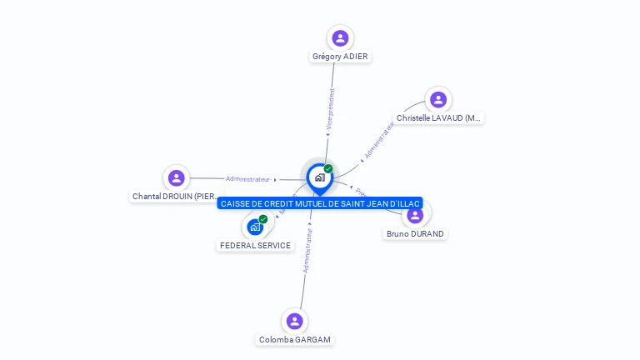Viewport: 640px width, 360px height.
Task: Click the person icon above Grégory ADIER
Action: click(340, 38)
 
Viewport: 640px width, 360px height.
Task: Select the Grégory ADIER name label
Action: click(340, 57)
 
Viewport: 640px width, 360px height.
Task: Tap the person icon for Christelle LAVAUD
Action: click(438, 100)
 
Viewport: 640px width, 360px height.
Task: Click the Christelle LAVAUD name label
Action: click(439, 118)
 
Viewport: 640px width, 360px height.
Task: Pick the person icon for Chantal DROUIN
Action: click(176, 177)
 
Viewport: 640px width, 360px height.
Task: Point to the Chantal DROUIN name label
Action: click(174, 197)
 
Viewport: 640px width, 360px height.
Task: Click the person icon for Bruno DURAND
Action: click(415, 216)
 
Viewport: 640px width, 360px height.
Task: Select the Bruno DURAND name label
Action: click(415, 234)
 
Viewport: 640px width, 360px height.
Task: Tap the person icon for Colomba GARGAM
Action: click(294, 321)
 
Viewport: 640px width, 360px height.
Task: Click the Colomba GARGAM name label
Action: click(295, 340)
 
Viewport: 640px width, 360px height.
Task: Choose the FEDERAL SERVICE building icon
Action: click(255, 227)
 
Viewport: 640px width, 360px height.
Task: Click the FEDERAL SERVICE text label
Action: click(255, 246)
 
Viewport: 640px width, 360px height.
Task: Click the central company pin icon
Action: click(319, 177)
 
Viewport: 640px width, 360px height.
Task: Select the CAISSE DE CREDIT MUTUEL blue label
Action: click(320, 203)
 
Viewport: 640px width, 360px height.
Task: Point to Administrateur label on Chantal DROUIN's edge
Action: click(248, 179)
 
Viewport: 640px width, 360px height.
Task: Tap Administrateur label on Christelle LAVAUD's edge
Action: click(378, 140)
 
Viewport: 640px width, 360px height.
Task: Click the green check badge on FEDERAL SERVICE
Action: click(263, 219)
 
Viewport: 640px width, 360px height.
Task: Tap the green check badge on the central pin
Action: click(328, 169)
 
